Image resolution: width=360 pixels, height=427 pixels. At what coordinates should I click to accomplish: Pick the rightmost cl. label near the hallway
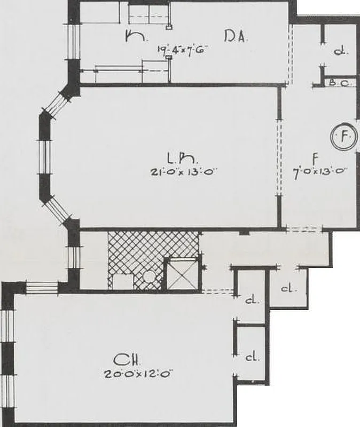(288, 289)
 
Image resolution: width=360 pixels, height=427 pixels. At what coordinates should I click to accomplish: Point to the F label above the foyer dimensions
(316, 158)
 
